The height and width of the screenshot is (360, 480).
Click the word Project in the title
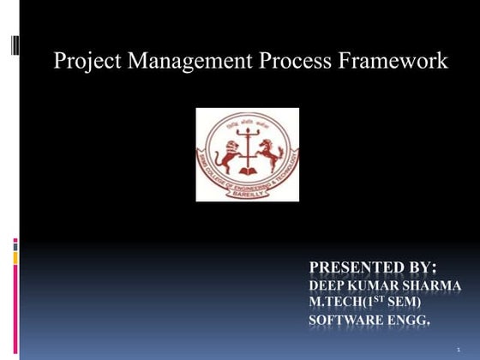(83, 62)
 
